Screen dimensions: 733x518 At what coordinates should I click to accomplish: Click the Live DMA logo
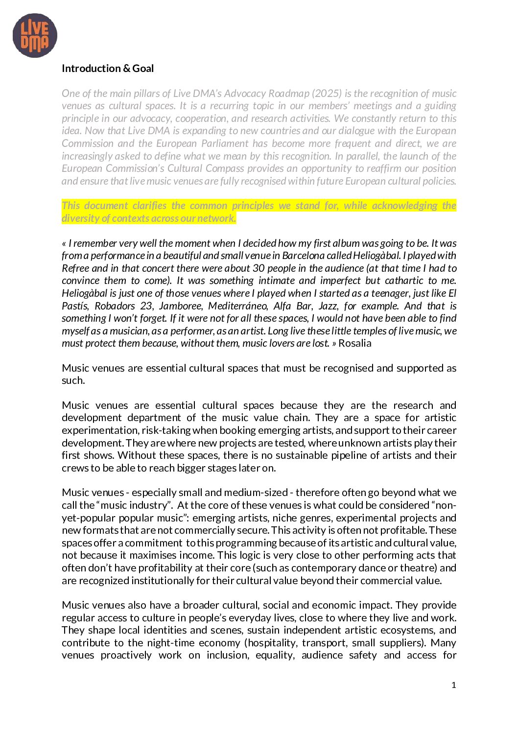click(x=35, y=36)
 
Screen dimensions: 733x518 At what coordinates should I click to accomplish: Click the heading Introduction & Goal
click(x=108, y=69)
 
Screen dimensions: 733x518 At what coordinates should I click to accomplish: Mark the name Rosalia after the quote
click(x=355, y=343)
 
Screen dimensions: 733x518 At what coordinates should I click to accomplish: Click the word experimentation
click(x=100, y=430)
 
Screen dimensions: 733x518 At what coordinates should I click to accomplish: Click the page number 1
click(x=454, y=685)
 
